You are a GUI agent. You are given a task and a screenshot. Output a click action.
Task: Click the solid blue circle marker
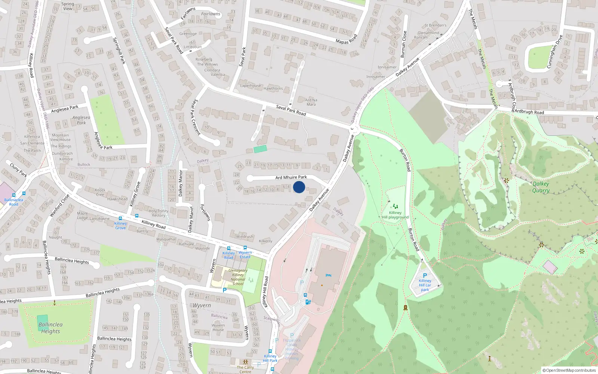299,187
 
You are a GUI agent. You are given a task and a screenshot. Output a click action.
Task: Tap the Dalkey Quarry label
541,187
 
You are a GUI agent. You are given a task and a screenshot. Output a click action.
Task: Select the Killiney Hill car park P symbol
425,275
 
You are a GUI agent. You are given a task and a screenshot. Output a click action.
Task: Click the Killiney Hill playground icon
395,206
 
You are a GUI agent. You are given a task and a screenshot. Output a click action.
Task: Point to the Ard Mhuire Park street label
291,177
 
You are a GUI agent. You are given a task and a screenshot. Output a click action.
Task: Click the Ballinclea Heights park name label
50,328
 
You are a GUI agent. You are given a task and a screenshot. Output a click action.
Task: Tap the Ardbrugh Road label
529,112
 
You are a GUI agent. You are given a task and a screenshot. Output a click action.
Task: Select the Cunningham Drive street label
554,52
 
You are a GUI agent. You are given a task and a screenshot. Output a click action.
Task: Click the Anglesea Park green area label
81,120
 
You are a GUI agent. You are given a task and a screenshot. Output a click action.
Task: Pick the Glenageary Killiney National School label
238,277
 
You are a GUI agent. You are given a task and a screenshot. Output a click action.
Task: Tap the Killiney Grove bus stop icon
120,218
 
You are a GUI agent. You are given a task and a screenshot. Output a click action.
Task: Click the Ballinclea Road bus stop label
13,202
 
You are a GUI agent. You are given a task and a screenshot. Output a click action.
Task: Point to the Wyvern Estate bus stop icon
245,248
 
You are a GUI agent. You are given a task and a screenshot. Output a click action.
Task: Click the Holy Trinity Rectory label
158,213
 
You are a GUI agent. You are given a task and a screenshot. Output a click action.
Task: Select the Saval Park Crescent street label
195,117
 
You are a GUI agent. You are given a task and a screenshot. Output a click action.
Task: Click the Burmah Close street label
403,44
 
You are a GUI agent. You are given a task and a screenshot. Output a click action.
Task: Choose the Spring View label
68,6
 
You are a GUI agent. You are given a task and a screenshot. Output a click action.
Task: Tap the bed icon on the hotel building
329,275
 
